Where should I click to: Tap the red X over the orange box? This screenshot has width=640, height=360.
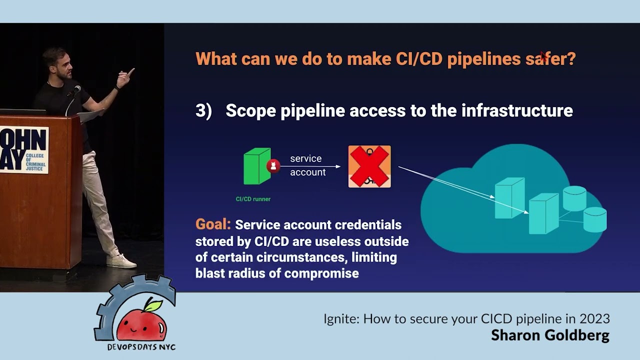coord(369,166)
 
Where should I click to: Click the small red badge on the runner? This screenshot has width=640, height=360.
coord(273,166)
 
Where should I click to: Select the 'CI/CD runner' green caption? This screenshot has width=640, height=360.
coord(253,199)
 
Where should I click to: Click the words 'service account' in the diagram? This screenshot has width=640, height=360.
coord(307,165)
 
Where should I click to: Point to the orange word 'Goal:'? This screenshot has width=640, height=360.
coord(213,224)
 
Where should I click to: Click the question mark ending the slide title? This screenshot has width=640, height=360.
coord(570,59)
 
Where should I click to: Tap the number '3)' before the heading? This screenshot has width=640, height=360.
coord(203,110)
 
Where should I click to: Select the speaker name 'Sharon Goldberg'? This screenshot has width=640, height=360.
coord(550,335)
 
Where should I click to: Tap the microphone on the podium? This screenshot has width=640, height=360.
coord(76,89)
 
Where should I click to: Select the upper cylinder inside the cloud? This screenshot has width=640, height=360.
coord(574,198)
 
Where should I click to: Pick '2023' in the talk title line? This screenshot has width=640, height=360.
coord(594,318)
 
